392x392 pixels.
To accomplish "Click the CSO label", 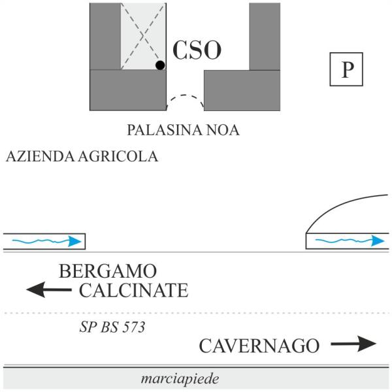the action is (x=197, y=50).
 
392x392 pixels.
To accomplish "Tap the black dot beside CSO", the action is (x=160, y=65).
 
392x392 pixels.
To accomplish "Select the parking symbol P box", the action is (x=346, y=69).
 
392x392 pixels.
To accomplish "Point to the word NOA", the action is (x=223, y=130).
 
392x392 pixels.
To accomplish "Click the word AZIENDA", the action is (x=40, y=157).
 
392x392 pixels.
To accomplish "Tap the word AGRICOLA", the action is (x=118, y=157).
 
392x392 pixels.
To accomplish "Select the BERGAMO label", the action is (x=108, y=271).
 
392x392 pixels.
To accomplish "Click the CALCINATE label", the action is (x=134, y=290).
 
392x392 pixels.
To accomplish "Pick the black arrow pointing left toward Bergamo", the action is (x=49, y=289).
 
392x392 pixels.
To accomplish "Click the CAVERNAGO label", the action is (x=259, y=346).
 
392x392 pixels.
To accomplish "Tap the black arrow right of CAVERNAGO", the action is (x=353, y=344).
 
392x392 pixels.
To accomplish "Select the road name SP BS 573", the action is (x=112, y=327).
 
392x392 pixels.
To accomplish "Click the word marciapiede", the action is (x=180, y=379).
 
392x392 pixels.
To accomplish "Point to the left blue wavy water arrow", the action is (x=47, y=241).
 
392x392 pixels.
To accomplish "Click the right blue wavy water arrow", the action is (x=350, y=240).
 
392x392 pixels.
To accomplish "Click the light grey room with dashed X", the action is (x=143, y=36).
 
